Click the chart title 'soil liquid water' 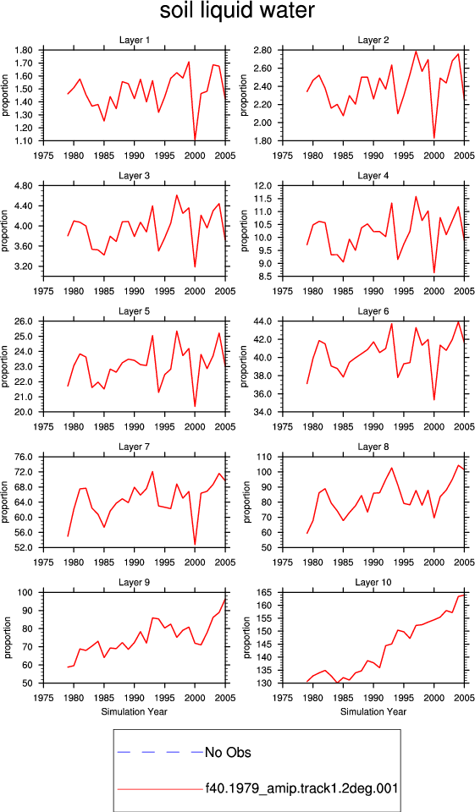pos(237,11)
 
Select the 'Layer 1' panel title pos(135,40)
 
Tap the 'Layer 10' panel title pos(373,583)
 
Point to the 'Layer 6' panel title pos(373,311)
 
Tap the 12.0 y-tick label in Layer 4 pos(264,186)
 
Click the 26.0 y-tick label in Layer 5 pos(25,321)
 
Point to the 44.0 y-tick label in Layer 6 pos(264,321)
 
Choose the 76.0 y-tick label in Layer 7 pos(25,458)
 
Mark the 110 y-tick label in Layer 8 pos(266,458)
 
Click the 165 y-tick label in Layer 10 pos(266,592)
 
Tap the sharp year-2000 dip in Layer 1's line pos(195,140)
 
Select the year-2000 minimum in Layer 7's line pos(195,544)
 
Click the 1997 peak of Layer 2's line pos(416,51)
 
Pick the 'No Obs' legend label pos(228,752)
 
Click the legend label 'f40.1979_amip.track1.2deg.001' pos(301,788)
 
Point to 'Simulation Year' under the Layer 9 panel pos(135,711)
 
